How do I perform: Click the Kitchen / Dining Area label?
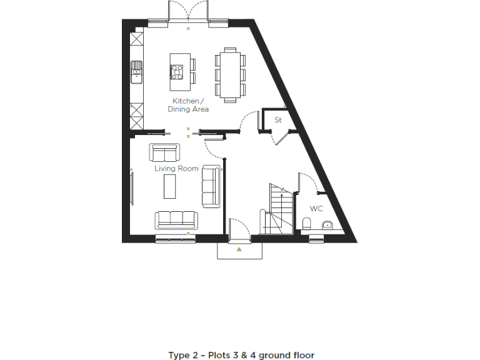pyautogui.click(x=187, y=105)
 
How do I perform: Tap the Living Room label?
pyautogui.click(x=176, y=168)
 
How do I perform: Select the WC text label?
pyautogui.click(x=316, y=208)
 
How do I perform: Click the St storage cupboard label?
pyautogui.click(x=278, y=119)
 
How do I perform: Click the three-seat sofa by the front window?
pyautogui.click(x=176, y=219)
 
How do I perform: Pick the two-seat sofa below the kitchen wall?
pyautogui.click(x=164, y=152)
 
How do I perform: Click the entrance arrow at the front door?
pyautogui.click(x=239, y=249)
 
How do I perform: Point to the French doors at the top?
pyautogui.click(x=188, y=12)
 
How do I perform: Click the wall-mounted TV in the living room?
pyautogui.click(x=132, y=187)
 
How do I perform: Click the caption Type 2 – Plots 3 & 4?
pyautogui.click(x=241, y=355)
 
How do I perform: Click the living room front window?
pyautogui.click(x=176, y=238)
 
